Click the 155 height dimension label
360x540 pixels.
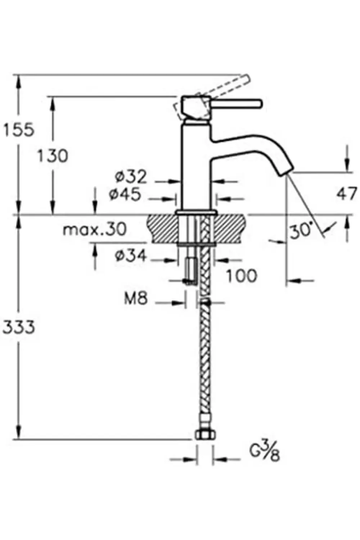click(x=18, y=130)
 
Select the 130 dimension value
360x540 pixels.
click(x=53, y=156)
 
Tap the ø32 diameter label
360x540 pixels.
click(x=131, y=177)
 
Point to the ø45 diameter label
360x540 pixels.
click(x=125, y=195)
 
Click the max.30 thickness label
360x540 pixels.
click(x=94, y=229)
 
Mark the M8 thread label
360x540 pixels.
click(x=136, y=298)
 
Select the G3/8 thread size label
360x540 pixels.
click(x=265, y=452)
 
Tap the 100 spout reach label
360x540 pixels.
click(x=242, y=276)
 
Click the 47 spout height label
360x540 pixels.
click(x=347, y=194)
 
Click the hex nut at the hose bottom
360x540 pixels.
click(x=204, y=434)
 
